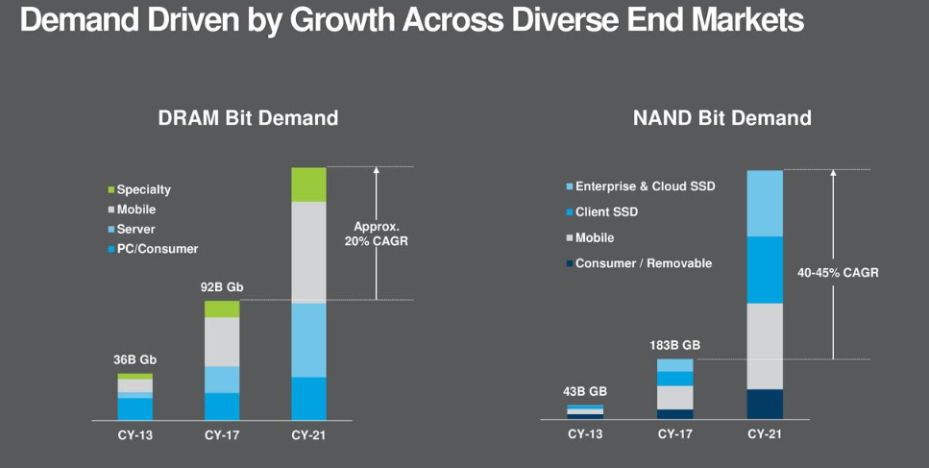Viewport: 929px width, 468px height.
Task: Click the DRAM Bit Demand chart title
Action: pyautogui.click(x=248, y=118)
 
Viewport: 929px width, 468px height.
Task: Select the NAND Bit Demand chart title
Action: pyautogui.click(x=721, y=118)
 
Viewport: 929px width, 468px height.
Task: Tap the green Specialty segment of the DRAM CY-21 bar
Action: pyautogui.click(x=308, y=185)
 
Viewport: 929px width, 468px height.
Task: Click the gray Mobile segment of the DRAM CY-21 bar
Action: pyautogui.click(x=308, y=252)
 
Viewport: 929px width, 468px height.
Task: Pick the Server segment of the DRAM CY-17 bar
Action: pyautogui.click(x=222, y=380)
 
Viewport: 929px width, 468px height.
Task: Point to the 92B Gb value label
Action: pyautogui.click(x=222, y=286)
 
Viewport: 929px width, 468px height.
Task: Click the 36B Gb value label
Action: pyautogui.click(x=135, y=359)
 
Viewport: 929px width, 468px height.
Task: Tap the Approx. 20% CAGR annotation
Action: pyautogui.click(x=377, y=234)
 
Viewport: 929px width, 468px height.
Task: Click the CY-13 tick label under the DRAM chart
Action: pyautogui.click(x=135, y=434)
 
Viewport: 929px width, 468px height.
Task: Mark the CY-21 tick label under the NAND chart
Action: pyautogui.click(x=765, y=434)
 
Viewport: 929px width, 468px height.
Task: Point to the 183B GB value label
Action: pyautogui.click(x=674, y=345)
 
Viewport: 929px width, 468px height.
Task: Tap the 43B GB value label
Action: pyautogui.click(x=585, y=391)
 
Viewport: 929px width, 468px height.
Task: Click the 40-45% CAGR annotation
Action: pyautogui.click(x=838, y=272)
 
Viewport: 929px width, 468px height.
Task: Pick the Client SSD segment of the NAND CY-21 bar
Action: pyautogui.click(x=765, y=270)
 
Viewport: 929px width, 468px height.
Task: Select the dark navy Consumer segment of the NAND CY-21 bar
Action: pyautogui.click(x=765, y=404)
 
